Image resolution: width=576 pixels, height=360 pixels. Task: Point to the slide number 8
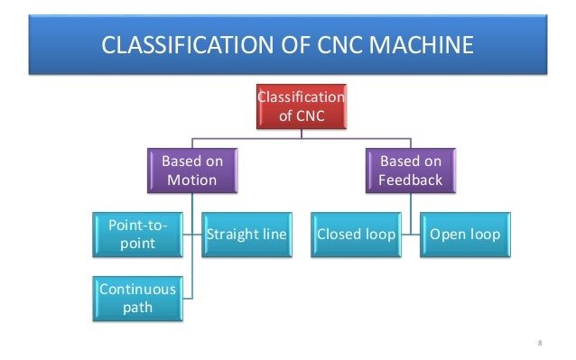[538, 342]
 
